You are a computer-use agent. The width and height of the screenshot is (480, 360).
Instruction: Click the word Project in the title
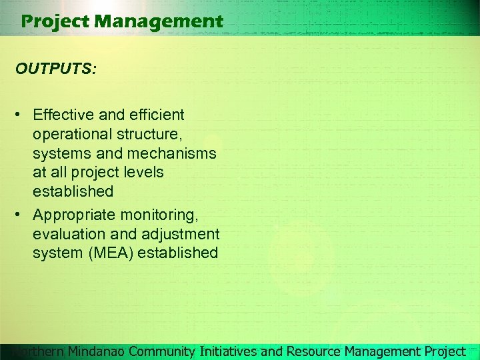coord(55,22)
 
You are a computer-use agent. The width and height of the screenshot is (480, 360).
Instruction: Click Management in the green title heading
coord(159,22)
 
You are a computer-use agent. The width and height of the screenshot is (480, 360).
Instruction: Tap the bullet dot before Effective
coord(22,115)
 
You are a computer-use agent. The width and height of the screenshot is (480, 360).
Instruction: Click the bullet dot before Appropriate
coord(22,215)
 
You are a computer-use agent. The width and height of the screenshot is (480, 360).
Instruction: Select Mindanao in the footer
coord(97,351)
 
